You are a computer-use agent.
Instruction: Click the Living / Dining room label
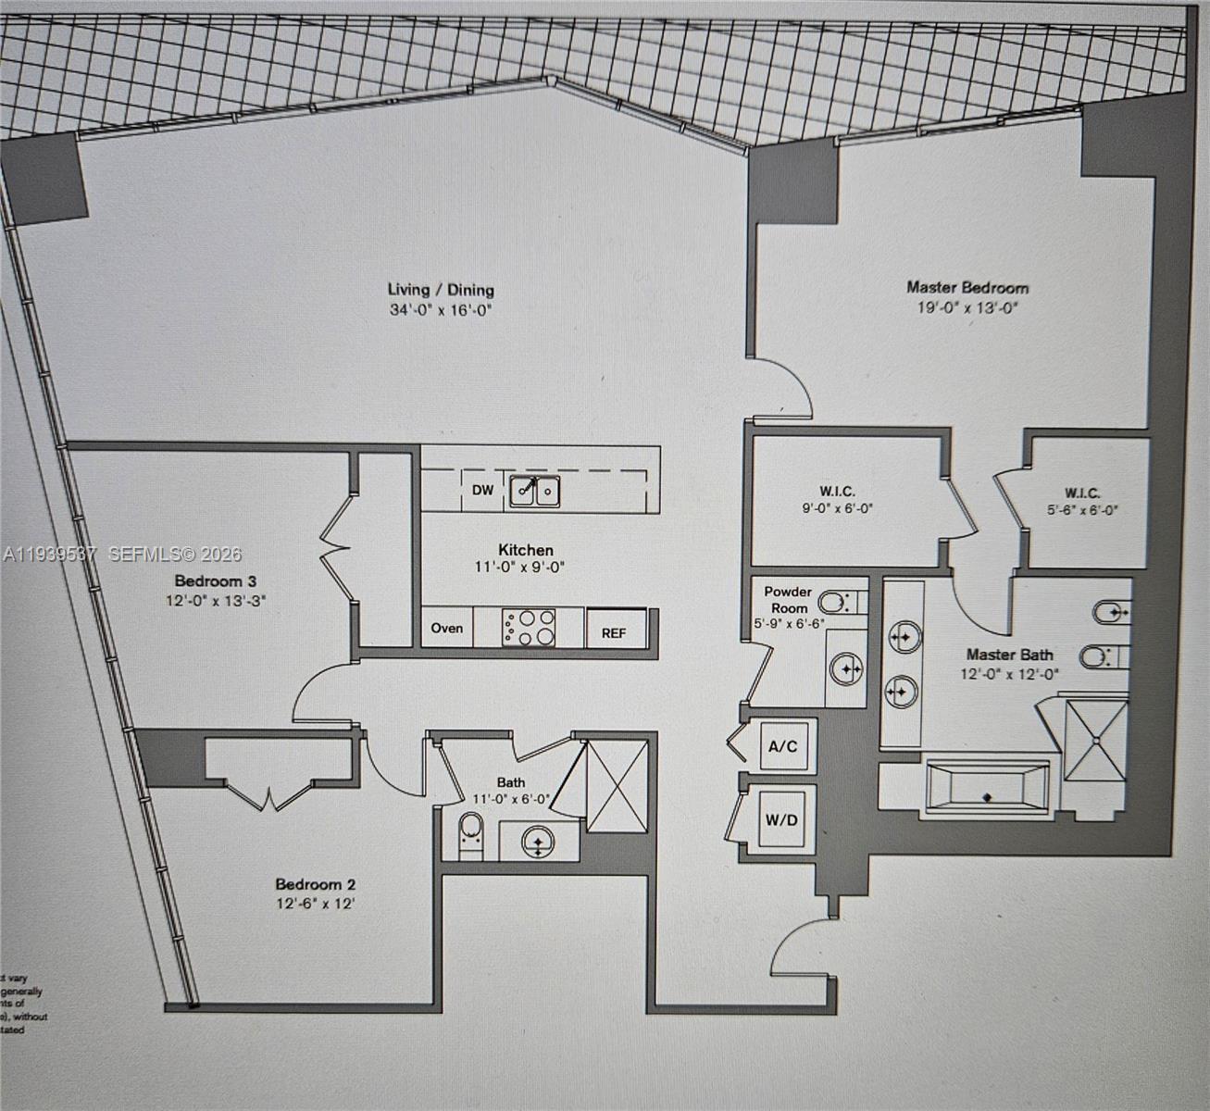click(441, 290)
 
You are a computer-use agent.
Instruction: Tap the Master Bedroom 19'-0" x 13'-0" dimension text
click(967, 308)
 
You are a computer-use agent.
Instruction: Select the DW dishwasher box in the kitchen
click(482, 490)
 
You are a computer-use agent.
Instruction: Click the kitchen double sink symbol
click(534, 490)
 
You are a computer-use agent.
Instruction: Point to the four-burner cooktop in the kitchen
click(529, 627)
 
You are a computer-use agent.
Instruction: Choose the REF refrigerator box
click(614, 632)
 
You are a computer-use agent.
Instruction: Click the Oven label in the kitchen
click(446, 628)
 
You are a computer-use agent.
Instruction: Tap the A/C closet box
click(782, 745)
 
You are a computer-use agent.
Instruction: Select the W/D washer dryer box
click(781, 819)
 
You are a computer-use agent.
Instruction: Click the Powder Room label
click(788, 599)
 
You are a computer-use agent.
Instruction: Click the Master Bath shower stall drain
click(1097, 740)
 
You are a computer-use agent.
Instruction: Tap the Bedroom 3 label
click(216, 580)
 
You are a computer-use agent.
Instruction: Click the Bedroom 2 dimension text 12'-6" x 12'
click(315, 904)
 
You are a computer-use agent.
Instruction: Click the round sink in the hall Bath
click(537, 841)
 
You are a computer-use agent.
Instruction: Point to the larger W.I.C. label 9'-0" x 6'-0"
click(837, 500)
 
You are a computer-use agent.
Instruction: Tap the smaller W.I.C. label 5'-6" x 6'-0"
click(1082, 501)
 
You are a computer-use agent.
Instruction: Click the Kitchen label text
click(526, 550)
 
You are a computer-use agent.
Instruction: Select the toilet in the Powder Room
click(838, 603)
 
